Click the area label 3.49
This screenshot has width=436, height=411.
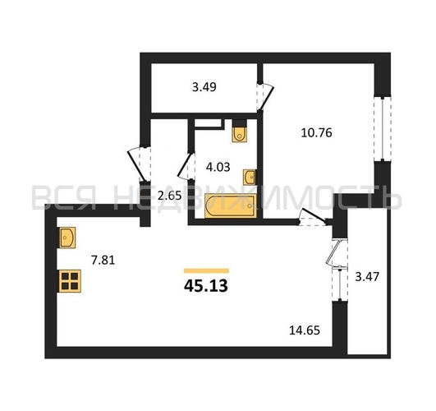click(x=204, y=87)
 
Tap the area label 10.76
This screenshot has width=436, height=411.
click(x=316, y=133)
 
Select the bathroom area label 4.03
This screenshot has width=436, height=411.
click(x=218, y=167)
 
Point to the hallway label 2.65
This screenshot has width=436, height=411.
click(x=169, y=196)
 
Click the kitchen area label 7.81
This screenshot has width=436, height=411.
click(x=103, y=261)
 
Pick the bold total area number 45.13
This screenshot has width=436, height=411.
click(x=206, y=286)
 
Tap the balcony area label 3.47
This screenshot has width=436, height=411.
click(x=367, y=277)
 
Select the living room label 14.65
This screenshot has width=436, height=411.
click(x=305, y=330)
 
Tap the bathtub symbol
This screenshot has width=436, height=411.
click(x=230, y=206)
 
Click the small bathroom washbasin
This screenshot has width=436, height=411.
click(x=249, y=177)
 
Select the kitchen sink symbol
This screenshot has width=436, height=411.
click(x=67, y=238)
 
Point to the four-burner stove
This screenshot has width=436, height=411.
click(x=69, y=281)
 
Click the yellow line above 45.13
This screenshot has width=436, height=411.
click(x=206, y=271)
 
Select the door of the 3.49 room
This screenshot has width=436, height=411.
click(x=265, y=97)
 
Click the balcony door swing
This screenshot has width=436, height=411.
click(x=336, y=253)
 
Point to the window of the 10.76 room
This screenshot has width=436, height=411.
click(x=383, y=129)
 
